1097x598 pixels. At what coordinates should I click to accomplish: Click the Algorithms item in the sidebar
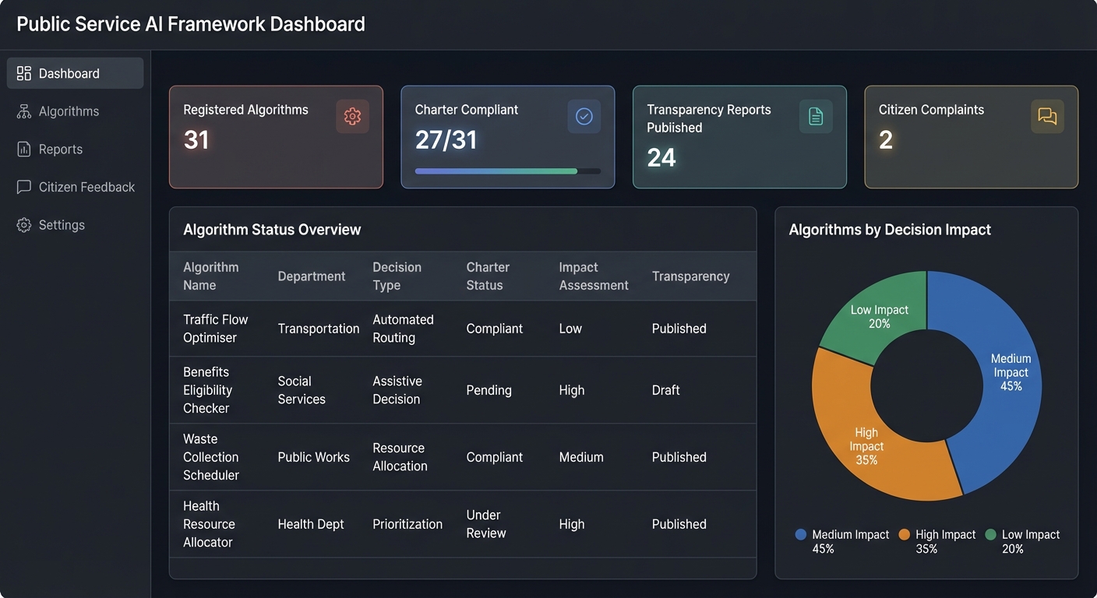pos(69,111)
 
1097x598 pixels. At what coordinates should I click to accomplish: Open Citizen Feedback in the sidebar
pos(86,187)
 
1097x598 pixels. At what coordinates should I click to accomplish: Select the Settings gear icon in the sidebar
pos(24,225)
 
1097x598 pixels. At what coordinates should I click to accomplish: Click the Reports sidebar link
pos(60,149)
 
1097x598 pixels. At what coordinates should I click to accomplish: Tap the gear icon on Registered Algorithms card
pos(352,117)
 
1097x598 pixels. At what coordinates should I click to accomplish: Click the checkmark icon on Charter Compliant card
pos(584,117)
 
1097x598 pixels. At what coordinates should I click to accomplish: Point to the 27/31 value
pos(446,140)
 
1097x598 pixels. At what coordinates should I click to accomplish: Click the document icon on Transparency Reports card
pos(816,117)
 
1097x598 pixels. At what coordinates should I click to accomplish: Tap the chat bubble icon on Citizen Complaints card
pos(1047,117)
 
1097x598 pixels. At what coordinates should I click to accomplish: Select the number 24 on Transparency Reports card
pos(661,158)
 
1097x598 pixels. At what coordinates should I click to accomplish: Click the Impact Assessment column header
pos(593,276)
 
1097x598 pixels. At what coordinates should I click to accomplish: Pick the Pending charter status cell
pos(489,390)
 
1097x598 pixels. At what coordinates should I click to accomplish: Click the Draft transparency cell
pos(665,390)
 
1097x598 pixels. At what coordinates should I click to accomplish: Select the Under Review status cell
pos(485,524)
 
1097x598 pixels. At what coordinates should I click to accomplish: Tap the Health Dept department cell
pos(310,524)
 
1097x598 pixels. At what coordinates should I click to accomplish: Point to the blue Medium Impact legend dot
pos(800,535)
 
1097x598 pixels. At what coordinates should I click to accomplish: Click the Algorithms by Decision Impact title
pos(890,230)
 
